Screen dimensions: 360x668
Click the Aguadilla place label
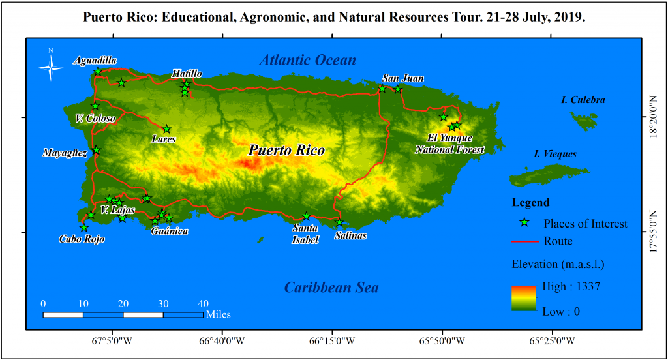coord(95,61)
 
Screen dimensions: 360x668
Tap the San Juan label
coord(402,78)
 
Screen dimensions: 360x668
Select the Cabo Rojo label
coord(82,239)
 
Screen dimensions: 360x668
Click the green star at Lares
coord(166,129)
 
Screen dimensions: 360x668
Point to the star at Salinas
coord(339,223)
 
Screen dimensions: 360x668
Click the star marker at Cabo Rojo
coord(83,228)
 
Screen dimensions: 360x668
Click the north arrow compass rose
coord(50,66)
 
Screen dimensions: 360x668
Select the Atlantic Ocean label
coord(308,61)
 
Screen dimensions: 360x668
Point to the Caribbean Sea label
coord(331,288)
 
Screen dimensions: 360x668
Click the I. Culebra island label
coord(583,100)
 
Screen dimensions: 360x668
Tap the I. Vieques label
coord(555,155)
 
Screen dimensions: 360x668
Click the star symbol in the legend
coord(524,223)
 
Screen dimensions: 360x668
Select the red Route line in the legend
coord(524,241)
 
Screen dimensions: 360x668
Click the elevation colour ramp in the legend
coord(523,298)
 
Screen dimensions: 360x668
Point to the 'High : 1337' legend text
coord(571,286)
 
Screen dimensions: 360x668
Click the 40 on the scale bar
coord(203,303)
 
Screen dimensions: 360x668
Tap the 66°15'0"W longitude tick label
coord(332,340)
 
